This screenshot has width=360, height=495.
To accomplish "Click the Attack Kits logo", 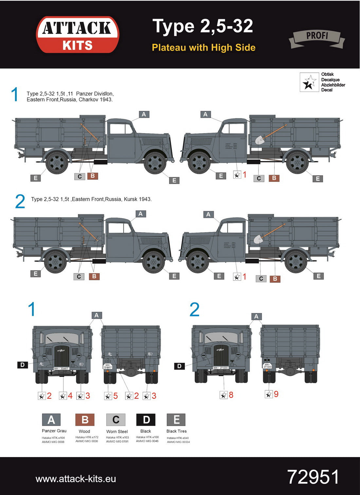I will point(78,35).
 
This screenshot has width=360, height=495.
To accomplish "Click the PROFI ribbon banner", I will point(317,37).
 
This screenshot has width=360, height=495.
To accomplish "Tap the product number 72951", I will point(313,477).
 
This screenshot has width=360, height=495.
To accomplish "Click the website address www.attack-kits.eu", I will point(76,479).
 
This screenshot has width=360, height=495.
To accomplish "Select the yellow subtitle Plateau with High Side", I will point(203,47).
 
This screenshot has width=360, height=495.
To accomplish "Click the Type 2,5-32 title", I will point(203,26).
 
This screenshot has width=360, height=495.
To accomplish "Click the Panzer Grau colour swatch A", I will point(51,419).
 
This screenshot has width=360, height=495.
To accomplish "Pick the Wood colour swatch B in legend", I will point(85,419).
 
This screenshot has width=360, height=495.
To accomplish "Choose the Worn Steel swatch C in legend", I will point(116,419).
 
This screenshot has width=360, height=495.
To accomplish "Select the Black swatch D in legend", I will point(146,419).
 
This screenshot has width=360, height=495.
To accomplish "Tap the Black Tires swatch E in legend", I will point(176,419).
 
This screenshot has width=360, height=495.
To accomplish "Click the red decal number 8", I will point(231,395).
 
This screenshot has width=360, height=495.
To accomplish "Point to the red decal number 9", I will point(276,394).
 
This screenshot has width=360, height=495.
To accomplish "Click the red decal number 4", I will point(70,396).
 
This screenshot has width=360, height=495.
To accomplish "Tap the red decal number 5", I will point(116,396).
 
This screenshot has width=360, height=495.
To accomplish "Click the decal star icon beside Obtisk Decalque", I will point(309,82).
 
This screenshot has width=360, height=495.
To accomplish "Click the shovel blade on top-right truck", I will point(260,140).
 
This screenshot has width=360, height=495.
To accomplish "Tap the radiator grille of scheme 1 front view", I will point(62,356).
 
